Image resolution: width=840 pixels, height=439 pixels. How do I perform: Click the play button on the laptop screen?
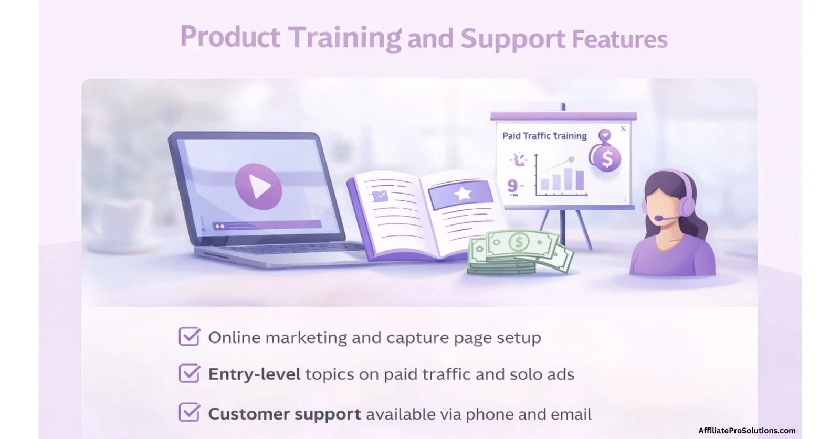click(258, 186)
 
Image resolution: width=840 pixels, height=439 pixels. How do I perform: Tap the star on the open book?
click(462, 194)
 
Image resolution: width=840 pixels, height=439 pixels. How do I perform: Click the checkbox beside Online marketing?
click(189, 337)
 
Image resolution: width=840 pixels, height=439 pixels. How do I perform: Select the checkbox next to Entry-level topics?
click(189, 373)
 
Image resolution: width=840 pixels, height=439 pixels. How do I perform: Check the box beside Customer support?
click(189, 413)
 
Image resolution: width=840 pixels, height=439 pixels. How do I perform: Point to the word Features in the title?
click(619, 39)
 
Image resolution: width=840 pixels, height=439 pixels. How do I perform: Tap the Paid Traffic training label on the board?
click(544, 136)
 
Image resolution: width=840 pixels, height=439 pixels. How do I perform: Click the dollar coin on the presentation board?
click(606, 158)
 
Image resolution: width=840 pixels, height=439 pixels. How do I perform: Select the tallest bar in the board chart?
click(580, 180)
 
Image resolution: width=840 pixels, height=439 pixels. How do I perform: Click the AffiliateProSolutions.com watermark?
click(747, 431)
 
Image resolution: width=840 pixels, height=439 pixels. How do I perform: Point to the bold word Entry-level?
click(254, 374)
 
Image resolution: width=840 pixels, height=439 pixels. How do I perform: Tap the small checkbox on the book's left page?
click(380, 196)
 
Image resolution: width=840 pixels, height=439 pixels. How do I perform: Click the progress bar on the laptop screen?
click(267, 225)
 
